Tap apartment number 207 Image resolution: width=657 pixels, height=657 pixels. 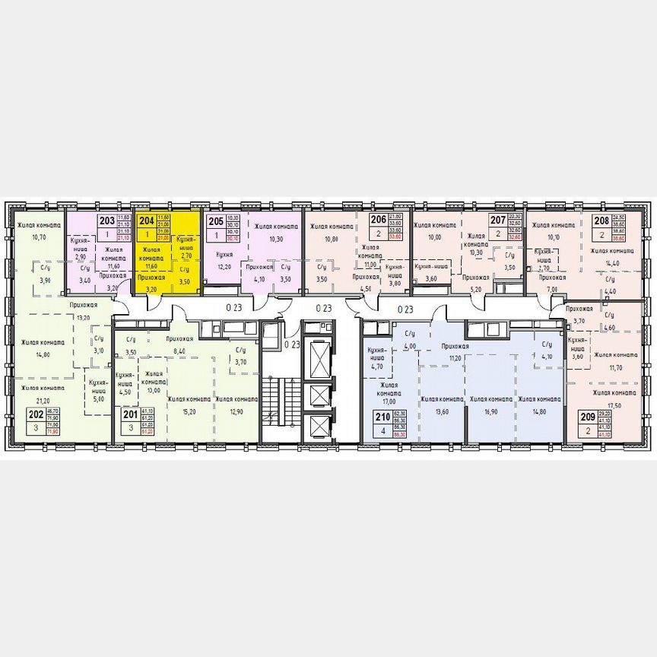[x=497, y=221]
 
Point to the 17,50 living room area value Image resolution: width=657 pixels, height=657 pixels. [x=614, y=405]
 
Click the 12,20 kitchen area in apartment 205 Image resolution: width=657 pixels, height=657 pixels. [x=224, y=268]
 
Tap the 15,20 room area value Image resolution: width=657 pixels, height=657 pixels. [x=189, y=412]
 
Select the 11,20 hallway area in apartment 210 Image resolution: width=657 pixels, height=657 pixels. [x=455, y=357]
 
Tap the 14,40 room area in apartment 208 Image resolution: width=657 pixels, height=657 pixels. [x=614, y=263]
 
